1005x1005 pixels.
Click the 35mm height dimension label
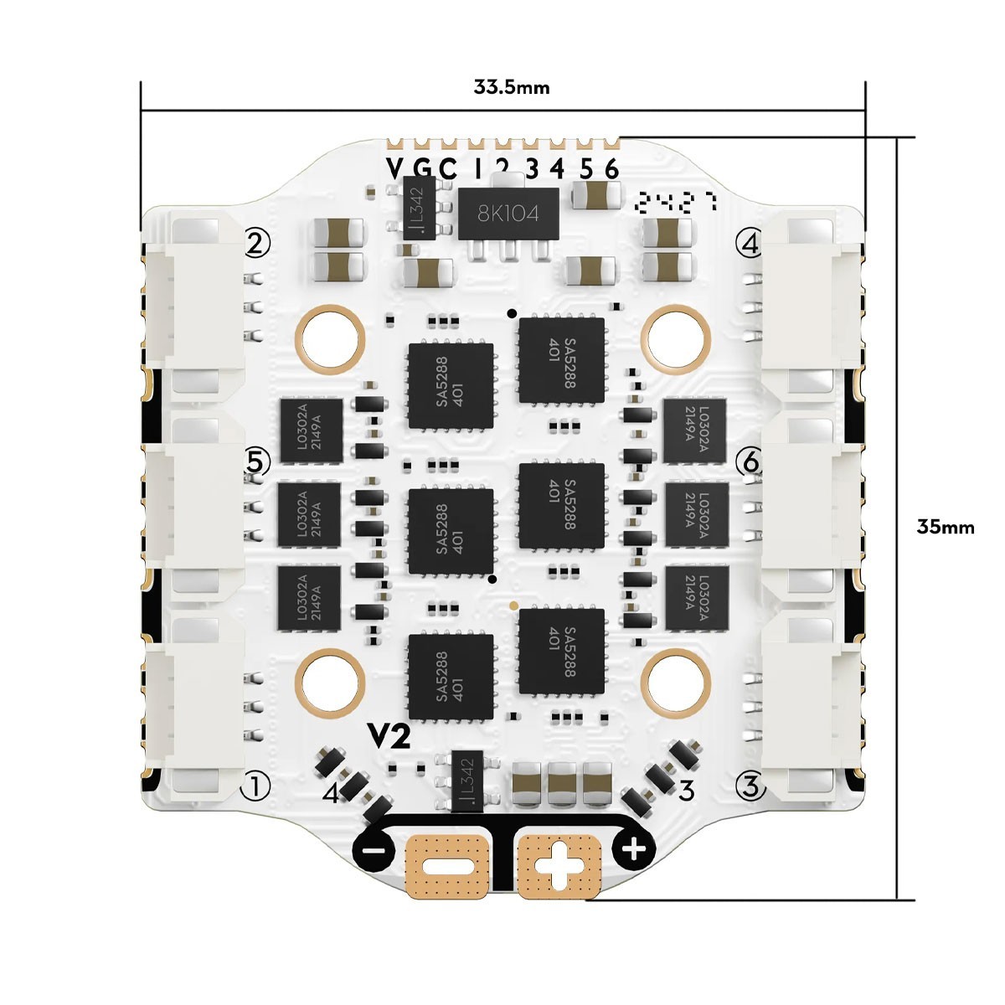pyautogui.click(x=946, y=527)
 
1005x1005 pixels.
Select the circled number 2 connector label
pyautogui.click(x=257, y=244)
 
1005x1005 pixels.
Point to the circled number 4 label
pyautogui.click(x=748, y=244)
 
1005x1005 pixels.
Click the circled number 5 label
pyautogui.click(x=257, y=461)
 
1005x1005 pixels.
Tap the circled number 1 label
pyautogui.click(x=255, y=786)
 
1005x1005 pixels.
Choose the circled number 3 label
pyautogui.click(x=750, y=786)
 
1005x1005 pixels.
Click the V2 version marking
pyautogui.click(x=390, y=737)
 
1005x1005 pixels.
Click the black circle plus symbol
pyautogui.click(x=634, y=850)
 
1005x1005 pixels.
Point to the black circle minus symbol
pyautogui.click(x=374, y=851)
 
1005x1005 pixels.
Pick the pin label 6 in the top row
pyautogui.click(x=611, y=168)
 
